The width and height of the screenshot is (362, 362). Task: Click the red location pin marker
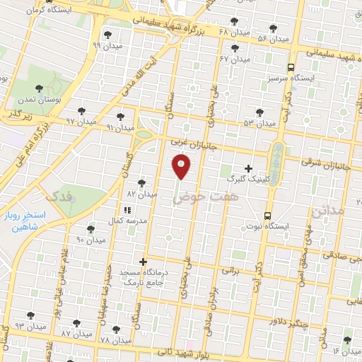coord(182,167)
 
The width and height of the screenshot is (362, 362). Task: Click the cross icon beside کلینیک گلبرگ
coord(247,168)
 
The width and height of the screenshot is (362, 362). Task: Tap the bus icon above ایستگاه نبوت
coord(267,215)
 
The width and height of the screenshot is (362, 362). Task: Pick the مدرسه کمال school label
coord(127,221)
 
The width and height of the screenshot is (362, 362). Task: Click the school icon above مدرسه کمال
coord(127,210)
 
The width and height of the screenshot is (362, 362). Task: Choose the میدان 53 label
coord(259,123)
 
